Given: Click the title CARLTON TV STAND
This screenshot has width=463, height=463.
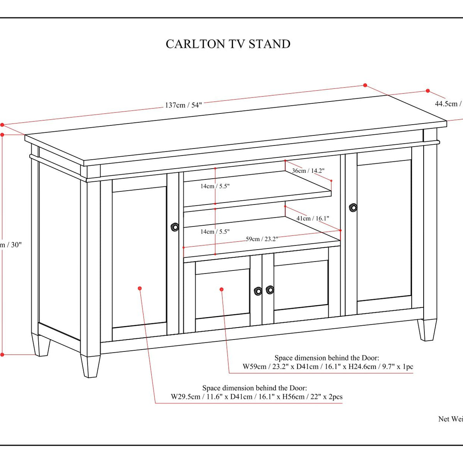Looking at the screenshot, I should click(228, 44).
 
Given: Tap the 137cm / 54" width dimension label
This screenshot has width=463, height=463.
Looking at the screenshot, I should click(183, 105).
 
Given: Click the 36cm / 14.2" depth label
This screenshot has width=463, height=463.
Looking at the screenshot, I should click(308, 171).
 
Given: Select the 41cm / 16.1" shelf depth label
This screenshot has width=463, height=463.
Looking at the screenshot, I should click(313, 218).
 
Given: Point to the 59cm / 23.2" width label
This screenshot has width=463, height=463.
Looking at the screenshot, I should click(262, 239).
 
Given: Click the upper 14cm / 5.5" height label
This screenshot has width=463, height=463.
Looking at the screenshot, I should click(215, 186).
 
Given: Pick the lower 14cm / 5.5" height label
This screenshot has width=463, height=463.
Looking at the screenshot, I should click(215, 231).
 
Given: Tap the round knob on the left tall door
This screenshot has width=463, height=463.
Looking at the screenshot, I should click(175, 227).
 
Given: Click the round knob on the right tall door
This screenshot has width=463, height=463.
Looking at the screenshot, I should click(353, 208).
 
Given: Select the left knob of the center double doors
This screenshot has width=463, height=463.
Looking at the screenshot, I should click(258, 291).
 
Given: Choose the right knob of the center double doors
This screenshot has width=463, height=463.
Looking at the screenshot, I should click(270, 289).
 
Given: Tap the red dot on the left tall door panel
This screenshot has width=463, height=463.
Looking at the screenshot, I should click(140, 288).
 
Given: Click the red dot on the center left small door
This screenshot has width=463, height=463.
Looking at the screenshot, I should click(221, 289).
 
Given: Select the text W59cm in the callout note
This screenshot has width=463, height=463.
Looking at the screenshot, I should click(254, 367).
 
